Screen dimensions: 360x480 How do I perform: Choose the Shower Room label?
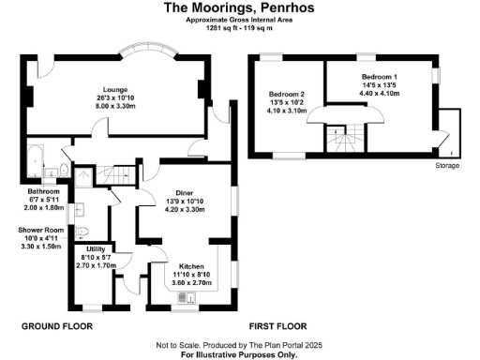point(41,228)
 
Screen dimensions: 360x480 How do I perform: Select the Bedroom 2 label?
point(287,95)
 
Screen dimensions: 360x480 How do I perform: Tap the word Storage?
point(447,165)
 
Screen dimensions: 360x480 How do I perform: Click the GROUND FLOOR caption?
point(56,325)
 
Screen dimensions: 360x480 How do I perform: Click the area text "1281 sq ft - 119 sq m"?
point(239,28)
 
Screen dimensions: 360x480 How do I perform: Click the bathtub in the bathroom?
point(36,163)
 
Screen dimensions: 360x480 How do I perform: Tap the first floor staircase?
point(340,142)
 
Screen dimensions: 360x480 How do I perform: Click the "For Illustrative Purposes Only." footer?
point(239,355)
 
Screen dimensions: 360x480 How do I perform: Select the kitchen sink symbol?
point(191,299)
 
